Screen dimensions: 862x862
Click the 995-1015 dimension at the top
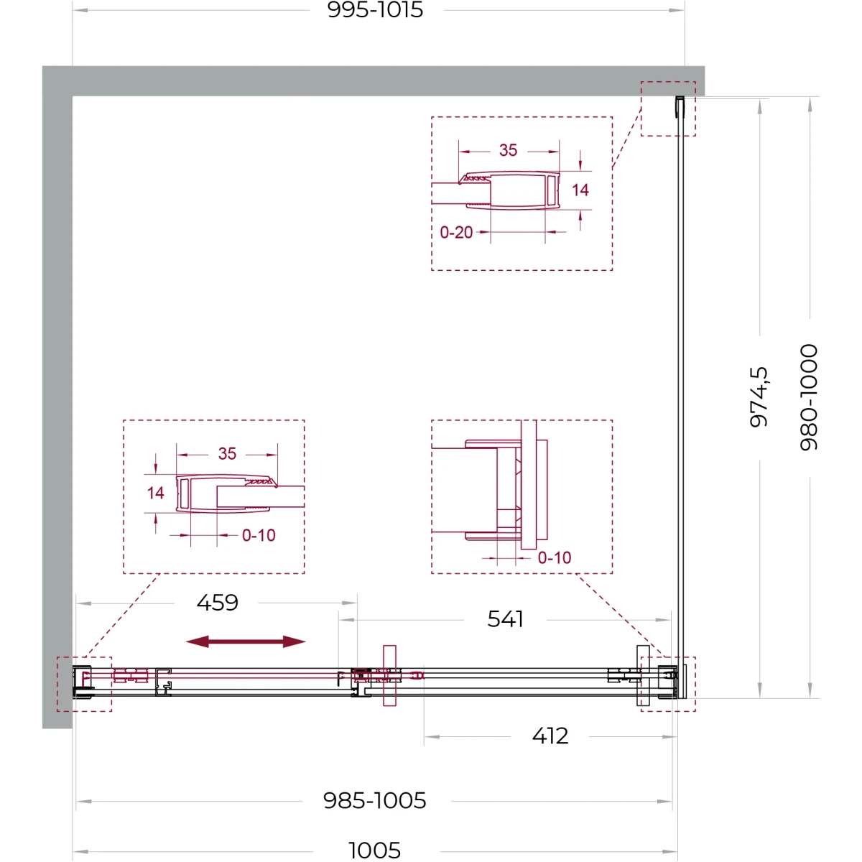point(375,10)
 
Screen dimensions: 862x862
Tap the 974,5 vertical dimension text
point(759,397)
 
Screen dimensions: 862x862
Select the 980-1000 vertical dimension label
point(809,397)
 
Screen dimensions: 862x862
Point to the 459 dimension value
point(218,603)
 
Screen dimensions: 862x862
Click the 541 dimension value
point(505,619)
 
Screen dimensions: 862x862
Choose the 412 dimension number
point(550,736)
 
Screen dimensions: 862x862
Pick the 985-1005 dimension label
point(375,801)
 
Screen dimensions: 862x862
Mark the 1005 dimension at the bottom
point(374,850)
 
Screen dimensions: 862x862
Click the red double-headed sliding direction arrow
point(246,641)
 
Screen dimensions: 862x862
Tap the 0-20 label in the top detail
point(456,233)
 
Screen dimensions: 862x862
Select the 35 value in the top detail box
point(508,150)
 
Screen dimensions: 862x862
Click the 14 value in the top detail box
point(580,190)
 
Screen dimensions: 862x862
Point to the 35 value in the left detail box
point(227,453)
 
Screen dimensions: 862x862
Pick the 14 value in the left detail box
point(156,493)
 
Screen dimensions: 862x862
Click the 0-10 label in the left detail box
point(259,535)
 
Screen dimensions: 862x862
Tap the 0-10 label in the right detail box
point(555,558)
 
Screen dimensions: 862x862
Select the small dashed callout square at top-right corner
point(668,82)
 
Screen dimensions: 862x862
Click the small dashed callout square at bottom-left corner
point(84,657)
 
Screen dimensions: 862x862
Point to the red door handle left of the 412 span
point(389,675)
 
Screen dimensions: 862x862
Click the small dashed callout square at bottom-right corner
point(668,711)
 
